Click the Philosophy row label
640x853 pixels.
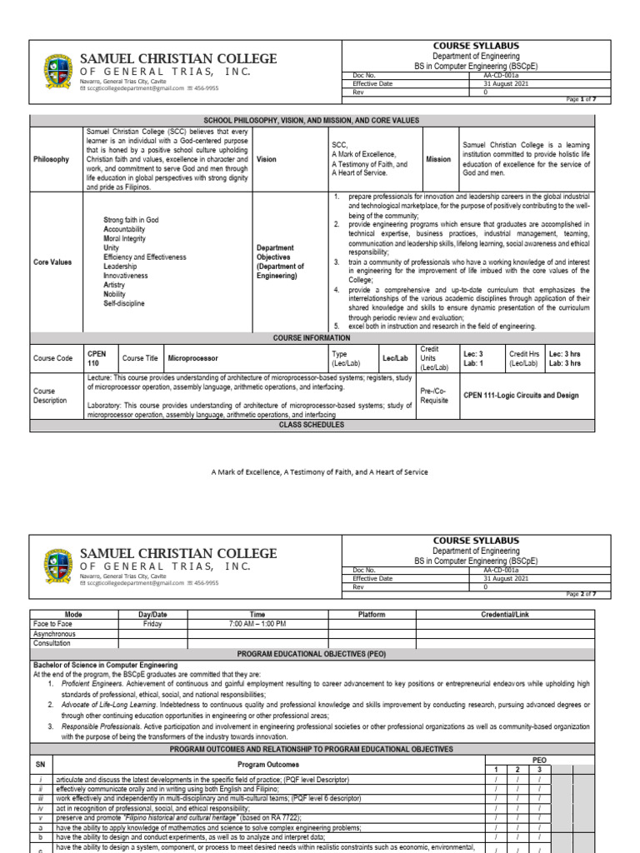coord(52,159)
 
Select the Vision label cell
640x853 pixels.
coord(267,159)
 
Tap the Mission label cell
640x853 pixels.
coord(438,159)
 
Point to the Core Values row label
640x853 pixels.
coord(53,262)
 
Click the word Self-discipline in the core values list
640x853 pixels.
coord(124,304)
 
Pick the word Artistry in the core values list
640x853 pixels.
coord(116,285)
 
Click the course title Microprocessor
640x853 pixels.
coord(193,358)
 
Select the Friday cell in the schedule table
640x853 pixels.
coord(152,623)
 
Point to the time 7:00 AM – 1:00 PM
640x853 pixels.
coord(257,623)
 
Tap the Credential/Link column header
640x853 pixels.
coord(505,614)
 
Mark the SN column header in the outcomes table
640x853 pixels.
coord(40,764)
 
